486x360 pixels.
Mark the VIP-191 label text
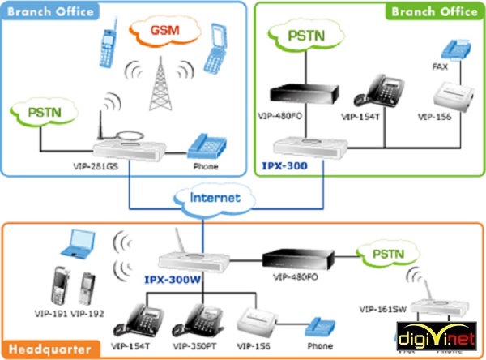[52, 313]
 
